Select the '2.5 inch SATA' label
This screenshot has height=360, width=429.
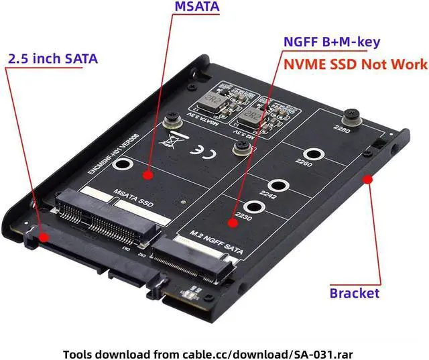52,58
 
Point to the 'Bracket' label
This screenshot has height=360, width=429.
354,293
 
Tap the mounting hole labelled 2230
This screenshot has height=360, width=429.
251,209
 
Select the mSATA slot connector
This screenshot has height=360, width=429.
107,213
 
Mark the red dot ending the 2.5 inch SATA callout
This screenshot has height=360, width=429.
44,237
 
